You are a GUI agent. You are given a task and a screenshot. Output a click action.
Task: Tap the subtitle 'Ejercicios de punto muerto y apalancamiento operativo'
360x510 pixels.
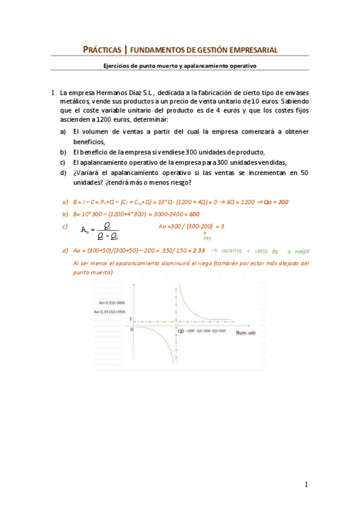180,66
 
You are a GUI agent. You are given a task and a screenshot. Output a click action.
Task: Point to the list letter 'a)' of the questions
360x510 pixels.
63,131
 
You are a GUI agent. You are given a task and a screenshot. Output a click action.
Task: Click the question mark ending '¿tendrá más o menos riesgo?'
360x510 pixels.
191,182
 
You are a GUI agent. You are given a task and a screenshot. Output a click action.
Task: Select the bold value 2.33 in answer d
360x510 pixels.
198,250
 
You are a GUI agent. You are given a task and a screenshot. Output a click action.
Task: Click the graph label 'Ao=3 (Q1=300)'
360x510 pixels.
108,303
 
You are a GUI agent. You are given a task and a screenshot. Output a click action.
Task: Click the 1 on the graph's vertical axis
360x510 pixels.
131,318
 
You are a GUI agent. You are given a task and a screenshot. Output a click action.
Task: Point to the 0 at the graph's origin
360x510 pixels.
132,330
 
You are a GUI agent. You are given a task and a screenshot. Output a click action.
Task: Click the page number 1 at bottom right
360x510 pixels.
306,484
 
